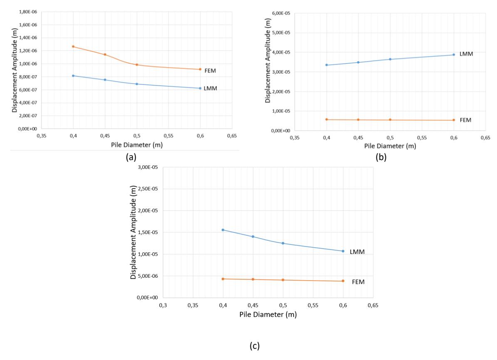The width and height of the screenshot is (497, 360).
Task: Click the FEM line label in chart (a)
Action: pyautogui.click(x=210, y=71)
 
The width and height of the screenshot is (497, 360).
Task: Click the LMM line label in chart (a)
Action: pyautogui.click(x=210, y=89)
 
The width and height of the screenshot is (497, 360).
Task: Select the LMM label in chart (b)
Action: pyautogui.click(x=466, y=54)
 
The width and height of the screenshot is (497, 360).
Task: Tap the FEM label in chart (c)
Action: pyautogui.click(x=358, y=282)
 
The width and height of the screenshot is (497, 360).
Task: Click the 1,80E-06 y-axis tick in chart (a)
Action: pyautogui.click(x=28, y=12)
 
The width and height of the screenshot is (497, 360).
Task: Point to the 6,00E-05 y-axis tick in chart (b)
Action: pyautogui.click(x=281, y=13)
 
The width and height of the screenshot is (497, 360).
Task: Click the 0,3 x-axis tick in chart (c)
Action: pyautogui.click(x=163, y=305)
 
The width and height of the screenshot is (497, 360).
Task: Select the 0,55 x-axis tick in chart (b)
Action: pyautogui.click(x=422, y=138)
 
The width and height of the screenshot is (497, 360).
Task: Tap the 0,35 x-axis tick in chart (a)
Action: pyautogui.click(x=42, y=136)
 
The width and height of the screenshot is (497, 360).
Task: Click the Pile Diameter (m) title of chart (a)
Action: pyautogui.click(x=136, y=145)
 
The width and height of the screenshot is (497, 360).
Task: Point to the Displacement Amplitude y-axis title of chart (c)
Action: pyautogui.click(x=133, y=232)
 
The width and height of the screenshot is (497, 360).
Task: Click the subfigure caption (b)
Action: pyautogui.click(x=381, y=157)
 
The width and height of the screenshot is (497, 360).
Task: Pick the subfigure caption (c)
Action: pyautogui.click(x=255, y=346)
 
